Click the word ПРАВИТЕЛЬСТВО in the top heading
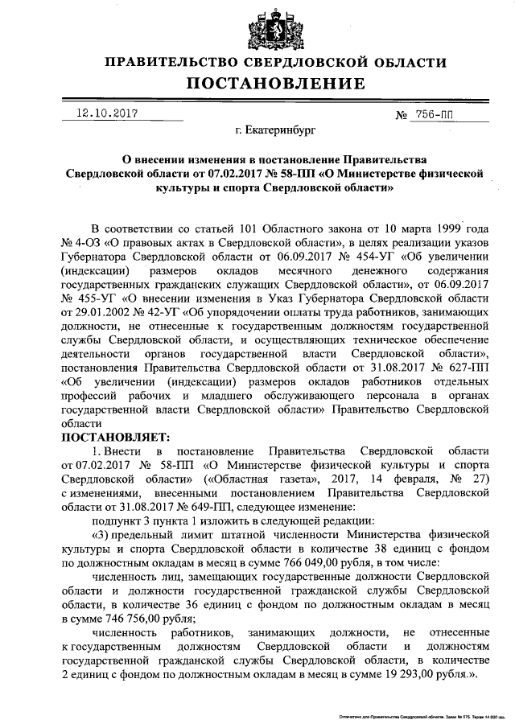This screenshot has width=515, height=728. click(x=171, y=62)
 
